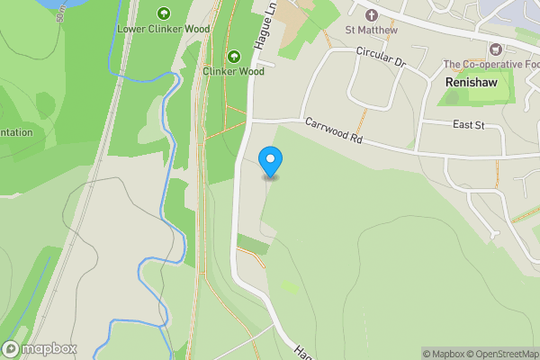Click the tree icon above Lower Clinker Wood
click(x=163, y=13)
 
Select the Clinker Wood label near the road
click(x=233, y=71)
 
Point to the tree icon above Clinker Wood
click(x=234, y=55)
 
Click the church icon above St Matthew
click(x=372, y=15)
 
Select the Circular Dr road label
click(x=382, y=58)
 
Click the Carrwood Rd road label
click(x=332, y=130)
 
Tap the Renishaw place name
click(x=472, y=81)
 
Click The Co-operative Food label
click(x=491, y=64)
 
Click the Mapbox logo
click(x=40, y=348)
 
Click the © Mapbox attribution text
click(x=444, y=354)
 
